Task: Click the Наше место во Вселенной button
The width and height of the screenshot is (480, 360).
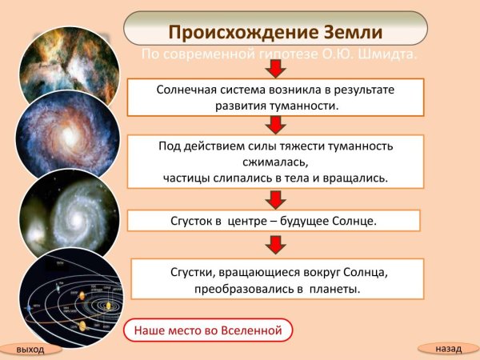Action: tap(208, 329)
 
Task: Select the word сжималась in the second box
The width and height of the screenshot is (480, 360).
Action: tap(273, 162)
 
